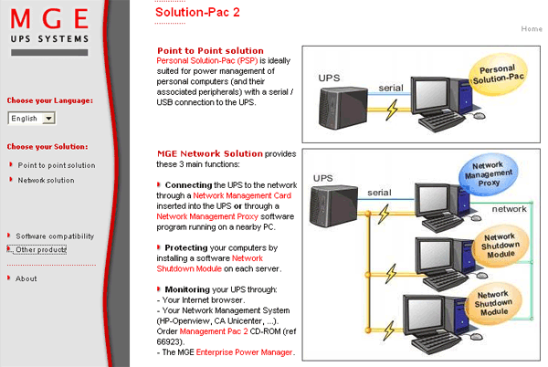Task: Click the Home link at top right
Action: [532, 29]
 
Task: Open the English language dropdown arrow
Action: [49, 119]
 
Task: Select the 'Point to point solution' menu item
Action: [57, 165]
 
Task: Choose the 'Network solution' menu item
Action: [47, 180]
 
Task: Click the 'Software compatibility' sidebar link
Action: [55, 236]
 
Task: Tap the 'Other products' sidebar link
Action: [41, 249]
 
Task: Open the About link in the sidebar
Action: [26, 278]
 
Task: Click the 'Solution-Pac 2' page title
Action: [197, 12]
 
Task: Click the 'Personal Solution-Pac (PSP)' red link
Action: [207, 61]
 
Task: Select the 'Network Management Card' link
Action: [242, 195]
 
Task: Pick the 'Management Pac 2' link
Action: [214, 331]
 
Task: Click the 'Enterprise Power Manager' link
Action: [244, 352]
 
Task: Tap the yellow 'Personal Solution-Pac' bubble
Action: [498, 74]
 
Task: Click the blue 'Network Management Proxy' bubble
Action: [489, 174]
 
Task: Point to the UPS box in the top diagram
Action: [343, 108]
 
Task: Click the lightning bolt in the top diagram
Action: [392, 110]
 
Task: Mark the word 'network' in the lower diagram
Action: [510, 209]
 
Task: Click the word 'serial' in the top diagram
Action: [391, 88]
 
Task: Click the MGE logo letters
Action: [49, 18]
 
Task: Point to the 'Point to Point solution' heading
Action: [210, 50]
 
